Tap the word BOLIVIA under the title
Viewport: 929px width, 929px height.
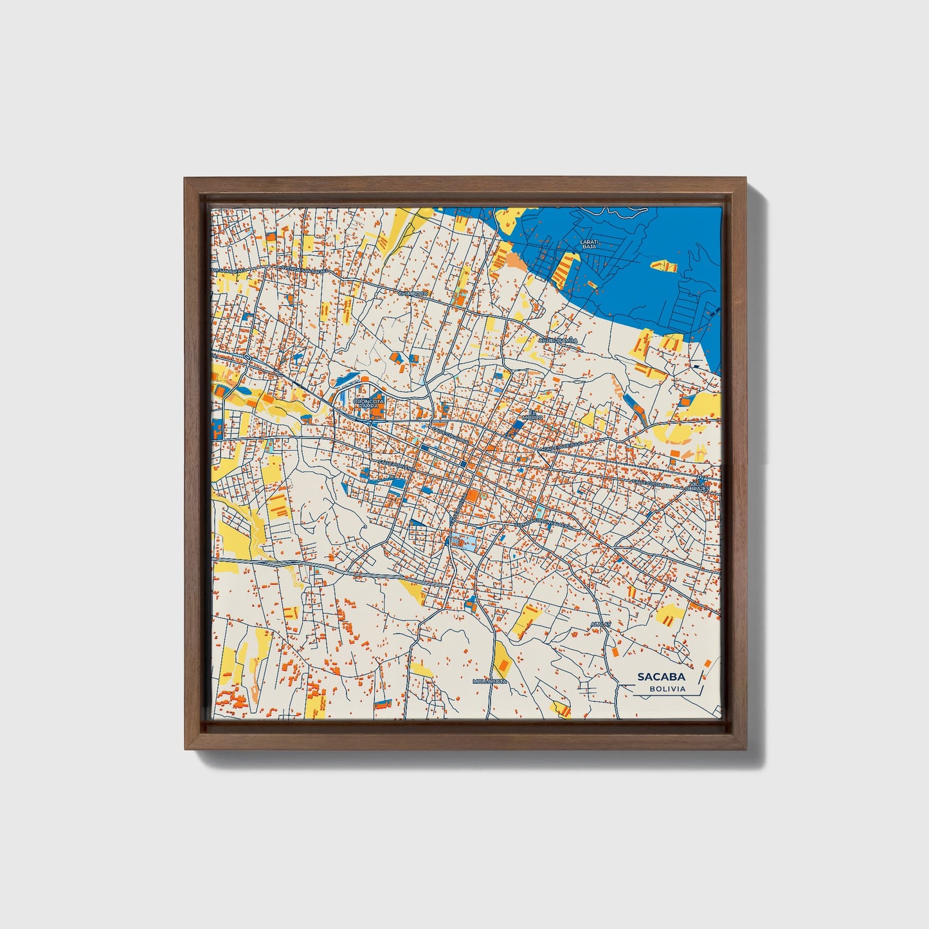[667, 689]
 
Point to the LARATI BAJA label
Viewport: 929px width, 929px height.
[589, 244]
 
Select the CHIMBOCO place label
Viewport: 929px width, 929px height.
[413, 293]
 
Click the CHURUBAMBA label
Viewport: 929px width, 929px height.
[558, 340]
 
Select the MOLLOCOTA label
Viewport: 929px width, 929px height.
[489, 681]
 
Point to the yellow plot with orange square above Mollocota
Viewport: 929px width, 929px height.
[501, 655]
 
